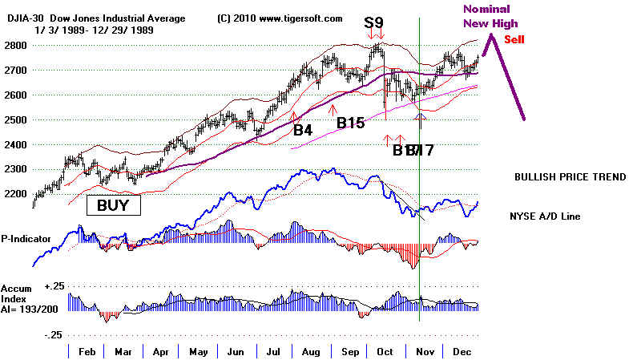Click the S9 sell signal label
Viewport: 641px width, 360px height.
(373, 22)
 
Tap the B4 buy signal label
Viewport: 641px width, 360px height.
(302, 129)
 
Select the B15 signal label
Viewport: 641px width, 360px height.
(350, 123)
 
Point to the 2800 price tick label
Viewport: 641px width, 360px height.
(15, 45)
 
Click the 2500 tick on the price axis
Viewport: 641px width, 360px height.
(15, 120)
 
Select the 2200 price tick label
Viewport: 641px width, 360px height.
(15, 195)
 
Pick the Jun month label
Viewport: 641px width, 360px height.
(235, 351)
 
